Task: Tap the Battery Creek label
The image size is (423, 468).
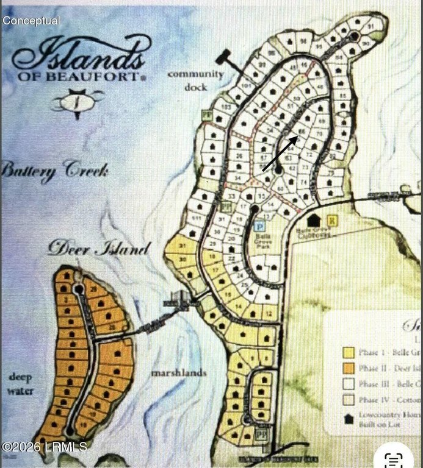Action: click(55, 170)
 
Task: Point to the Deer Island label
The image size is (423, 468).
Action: click(98, 249)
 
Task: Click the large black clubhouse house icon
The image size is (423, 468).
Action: click(314, 220)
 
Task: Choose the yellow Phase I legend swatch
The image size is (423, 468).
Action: click(349, 352)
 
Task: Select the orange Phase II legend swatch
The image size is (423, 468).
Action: click(349, 368)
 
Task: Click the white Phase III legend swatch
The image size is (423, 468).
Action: click(349, 384)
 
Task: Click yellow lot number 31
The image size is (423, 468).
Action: click(183, 246)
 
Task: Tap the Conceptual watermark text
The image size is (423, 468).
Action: click(31, 21)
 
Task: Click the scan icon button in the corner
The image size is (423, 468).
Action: click(394, 456)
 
